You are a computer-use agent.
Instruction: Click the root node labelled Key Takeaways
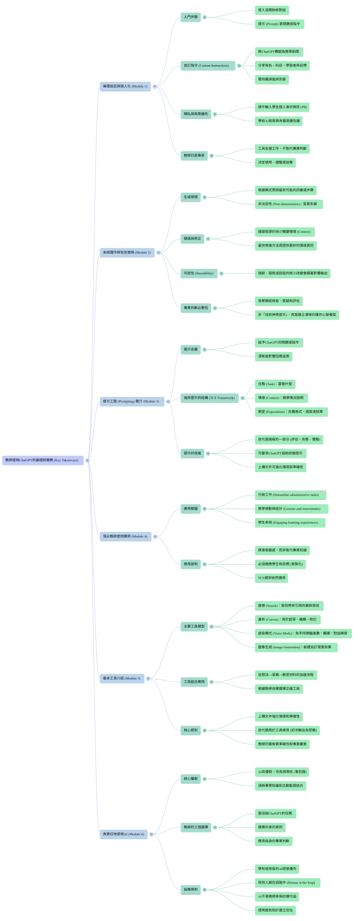coord(41,460)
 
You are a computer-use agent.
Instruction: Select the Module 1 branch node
coord(125,86)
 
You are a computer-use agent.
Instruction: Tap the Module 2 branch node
coord(126,252)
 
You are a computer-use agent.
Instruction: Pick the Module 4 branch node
coord(125,536)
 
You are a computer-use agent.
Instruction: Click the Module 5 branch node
coord(122,678)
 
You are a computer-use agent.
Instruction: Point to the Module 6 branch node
coord(123,834)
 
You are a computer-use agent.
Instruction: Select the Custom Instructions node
coord(206,65)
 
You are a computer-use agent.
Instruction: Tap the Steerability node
coord(198,273)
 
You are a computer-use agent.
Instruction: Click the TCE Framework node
coord(209,398)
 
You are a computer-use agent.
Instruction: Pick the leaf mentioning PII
coord(282,107)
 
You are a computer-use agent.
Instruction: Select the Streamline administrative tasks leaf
coord(288,495)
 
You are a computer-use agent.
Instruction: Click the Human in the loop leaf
coord(286,883)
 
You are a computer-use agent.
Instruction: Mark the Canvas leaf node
coord(287,620)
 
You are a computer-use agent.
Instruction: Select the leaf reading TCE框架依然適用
coord(271,578)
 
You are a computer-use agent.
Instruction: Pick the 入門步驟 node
coord(191,17)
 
